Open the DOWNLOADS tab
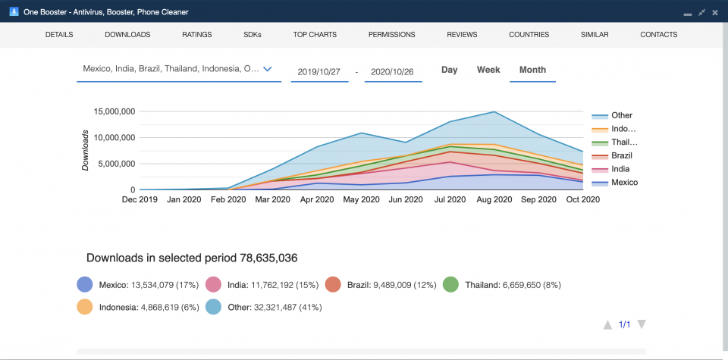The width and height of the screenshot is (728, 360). pyautogui.click(x=127, y=35)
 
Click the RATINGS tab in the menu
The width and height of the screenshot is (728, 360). pyautogui.click(x=196, y=35)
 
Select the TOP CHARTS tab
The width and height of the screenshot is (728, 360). pyautogui.click(x=315, y=35)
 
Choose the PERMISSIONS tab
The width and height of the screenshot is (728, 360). pyautogui.click(x=391, y=35)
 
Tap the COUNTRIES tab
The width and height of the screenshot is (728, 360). pyautogui.click(x=529, y=35)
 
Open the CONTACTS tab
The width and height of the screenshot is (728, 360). pyautogui.click(x=658, y=35)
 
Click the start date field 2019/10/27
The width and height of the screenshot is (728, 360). pyautogui.click(x=319, y=71)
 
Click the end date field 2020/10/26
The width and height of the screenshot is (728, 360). pyautogui.click(x=393, y=71)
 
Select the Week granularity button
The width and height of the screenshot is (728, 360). pyautogui.click(x=488, y=70)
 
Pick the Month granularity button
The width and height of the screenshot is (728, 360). pyautogui.click(x=532, y=70)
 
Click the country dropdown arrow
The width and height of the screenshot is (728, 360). pyautogui.click(x=267, y=69)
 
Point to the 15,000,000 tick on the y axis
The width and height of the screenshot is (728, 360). pyautogui.click(x=115, y=111)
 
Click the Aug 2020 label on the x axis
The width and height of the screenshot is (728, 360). pyautogui.click(x=494, y=200)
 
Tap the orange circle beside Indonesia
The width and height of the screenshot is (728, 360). pyautogui.click(x=85, y=307)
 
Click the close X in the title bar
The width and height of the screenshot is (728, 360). pyautogui.click(x=714, y=12)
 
